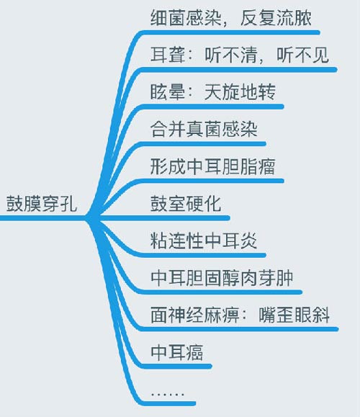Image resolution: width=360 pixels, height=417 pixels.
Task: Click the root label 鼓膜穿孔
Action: tap(42, 204)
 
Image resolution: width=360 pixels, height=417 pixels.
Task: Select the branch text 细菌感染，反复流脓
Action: tap(231, 18)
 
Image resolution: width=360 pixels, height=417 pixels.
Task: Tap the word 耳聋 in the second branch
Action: tap(168, 55)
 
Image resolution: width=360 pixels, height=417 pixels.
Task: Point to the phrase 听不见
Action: tap(303, 55)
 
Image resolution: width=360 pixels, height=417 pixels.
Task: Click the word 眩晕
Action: tap(168, 92)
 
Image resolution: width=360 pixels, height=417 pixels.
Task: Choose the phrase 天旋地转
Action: tap(240, 92)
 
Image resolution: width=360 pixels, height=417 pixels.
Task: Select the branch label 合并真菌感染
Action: tap(204, 130)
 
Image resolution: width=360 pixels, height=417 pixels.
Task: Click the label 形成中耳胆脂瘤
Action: tap(212, 167)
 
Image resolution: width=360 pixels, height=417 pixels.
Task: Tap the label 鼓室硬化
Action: tap(186, 204)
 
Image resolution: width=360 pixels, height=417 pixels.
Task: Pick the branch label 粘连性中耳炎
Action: tap(204, 241)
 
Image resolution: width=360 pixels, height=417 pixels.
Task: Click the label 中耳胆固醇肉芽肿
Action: tap(222, 278)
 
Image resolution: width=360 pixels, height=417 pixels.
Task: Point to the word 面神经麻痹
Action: tap(195, 315)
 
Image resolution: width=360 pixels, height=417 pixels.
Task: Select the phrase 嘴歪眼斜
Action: tap(294, 315)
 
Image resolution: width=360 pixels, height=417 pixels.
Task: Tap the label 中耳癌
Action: tap(177, 352)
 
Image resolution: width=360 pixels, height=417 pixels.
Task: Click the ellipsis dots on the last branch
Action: tap(168, 394)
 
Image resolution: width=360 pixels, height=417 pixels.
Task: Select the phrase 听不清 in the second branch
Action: tap(231, 55)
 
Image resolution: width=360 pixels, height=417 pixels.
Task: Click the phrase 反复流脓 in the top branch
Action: tap(276, 18)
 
